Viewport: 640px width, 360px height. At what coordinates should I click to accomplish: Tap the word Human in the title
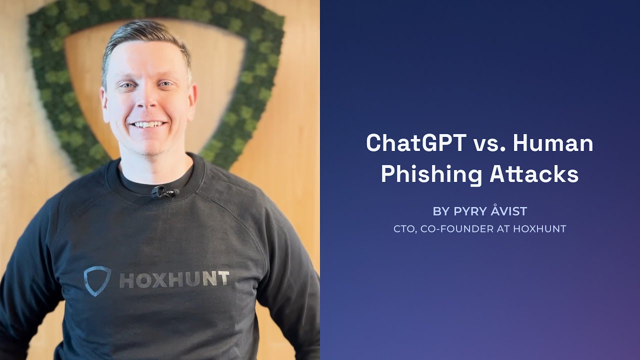553,143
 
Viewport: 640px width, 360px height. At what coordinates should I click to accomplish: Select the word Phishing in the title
431,174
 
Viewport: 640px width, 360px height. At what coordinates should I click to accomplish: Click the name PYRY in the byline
469,211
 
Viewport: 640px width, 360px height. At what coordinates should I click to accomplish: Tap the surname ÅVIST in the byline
508,211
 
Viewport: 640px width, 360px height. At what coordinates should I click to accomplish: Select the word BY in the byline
441,211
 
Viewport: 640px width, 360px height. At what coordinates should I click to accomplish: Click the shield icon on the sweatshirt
97,280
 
